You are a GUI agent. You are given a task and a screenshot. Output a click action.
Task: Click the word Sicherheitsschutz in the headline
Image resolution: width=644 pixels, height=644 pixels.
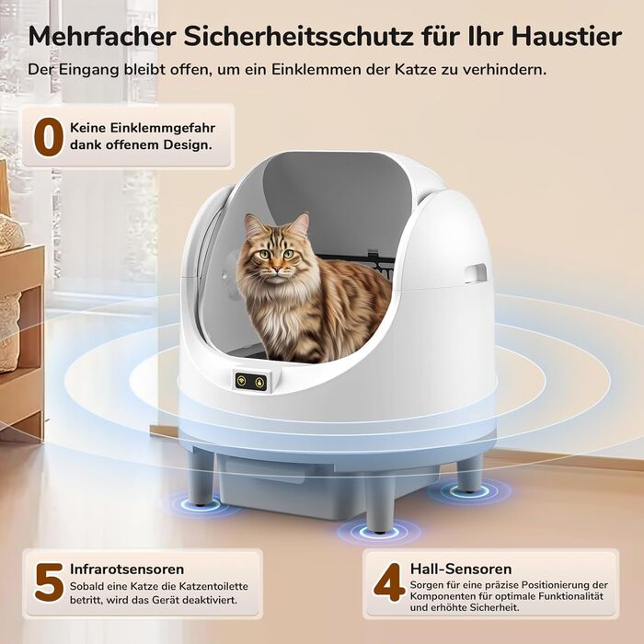(298, 36)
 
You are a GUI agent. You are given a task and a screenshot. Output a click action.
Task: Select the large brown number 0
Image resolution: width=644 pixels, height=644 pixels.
(49, 137)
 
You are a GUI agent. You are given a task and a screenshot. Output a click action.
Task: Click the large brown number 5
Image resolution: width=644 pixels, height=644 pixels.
(50, 582)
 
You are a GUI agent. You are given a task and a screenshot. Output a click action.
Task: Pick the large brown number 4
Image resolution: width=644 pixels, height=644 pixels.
(389, 582)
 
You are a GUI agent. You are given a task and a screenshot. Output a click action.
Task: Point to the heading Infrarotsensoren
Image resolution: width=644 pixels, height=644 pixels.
(127, 569)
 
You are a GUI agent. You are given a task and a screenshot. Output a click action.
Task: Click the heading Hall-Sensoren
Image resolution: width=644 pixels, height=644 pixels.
(461, 569)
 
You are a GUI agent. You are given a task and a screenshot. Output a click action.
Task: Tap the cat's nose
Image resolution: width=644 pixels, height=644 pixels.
(277, 269)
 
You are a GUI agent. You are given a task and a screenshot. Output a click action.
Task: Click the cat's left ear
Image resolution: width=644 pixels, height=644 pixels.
(302, 224)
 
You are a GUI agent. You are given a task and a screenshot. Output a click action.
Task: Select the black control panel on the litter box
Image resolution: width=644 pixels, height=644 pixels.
(251, 382)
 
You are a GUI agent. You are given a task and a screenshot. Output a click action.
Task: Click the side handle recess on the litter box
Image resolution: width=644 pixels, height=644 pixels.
(476, 273)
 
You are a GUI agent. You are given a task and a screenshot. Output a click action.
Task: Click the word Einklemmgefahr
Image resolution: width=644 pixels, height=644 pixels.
(143, 128)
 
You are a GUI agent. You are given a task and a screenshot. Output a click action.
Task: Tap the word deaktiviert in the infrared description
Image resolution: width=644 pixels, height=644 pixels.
(210, 600)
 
